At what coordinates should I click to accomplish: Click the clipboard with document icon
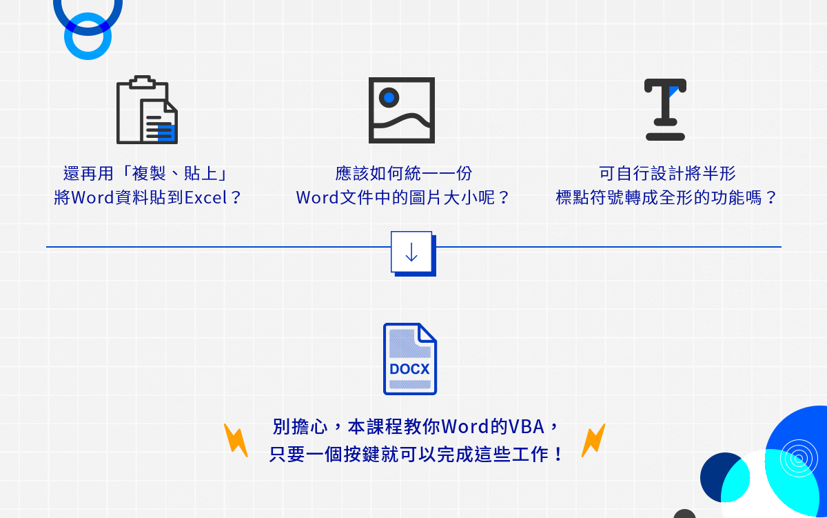tap(147, 110)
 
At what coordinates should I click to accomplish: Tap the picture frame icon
tap(401, 110)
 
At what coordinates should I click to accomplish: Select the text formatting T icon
tap(665, 110)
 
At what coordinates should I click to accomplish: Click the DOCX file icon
tap(409, 359)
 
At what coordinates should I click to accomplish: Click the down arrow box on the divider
tap(411, 252)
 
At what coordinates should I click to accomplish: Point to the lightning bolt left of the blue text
tap(236, 440)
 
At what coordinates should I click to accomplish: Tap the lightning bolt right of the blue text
tap(593, 440)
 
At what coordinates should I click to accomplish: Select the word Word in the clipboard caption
tap(92, 198)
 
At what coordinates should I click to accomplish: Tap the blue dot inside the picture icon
tap(389, 97)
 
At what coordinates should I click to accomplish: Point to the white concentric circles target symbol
tap(798, 457)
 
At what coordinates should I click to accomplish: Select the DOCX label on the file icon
tap(409, 369)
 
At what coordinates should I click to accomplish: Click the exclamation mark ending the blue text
tap(558, 455)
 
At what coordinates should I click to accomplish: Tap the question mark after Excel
tap(236, 198)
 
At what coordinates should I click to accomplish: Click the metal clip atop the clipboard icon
tap(143, 82)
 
